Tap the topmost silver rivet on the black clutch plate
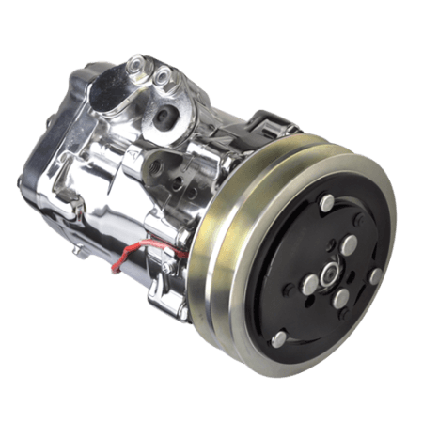pos(325,203)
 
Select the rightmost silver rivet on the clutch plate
pos(374,276)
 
